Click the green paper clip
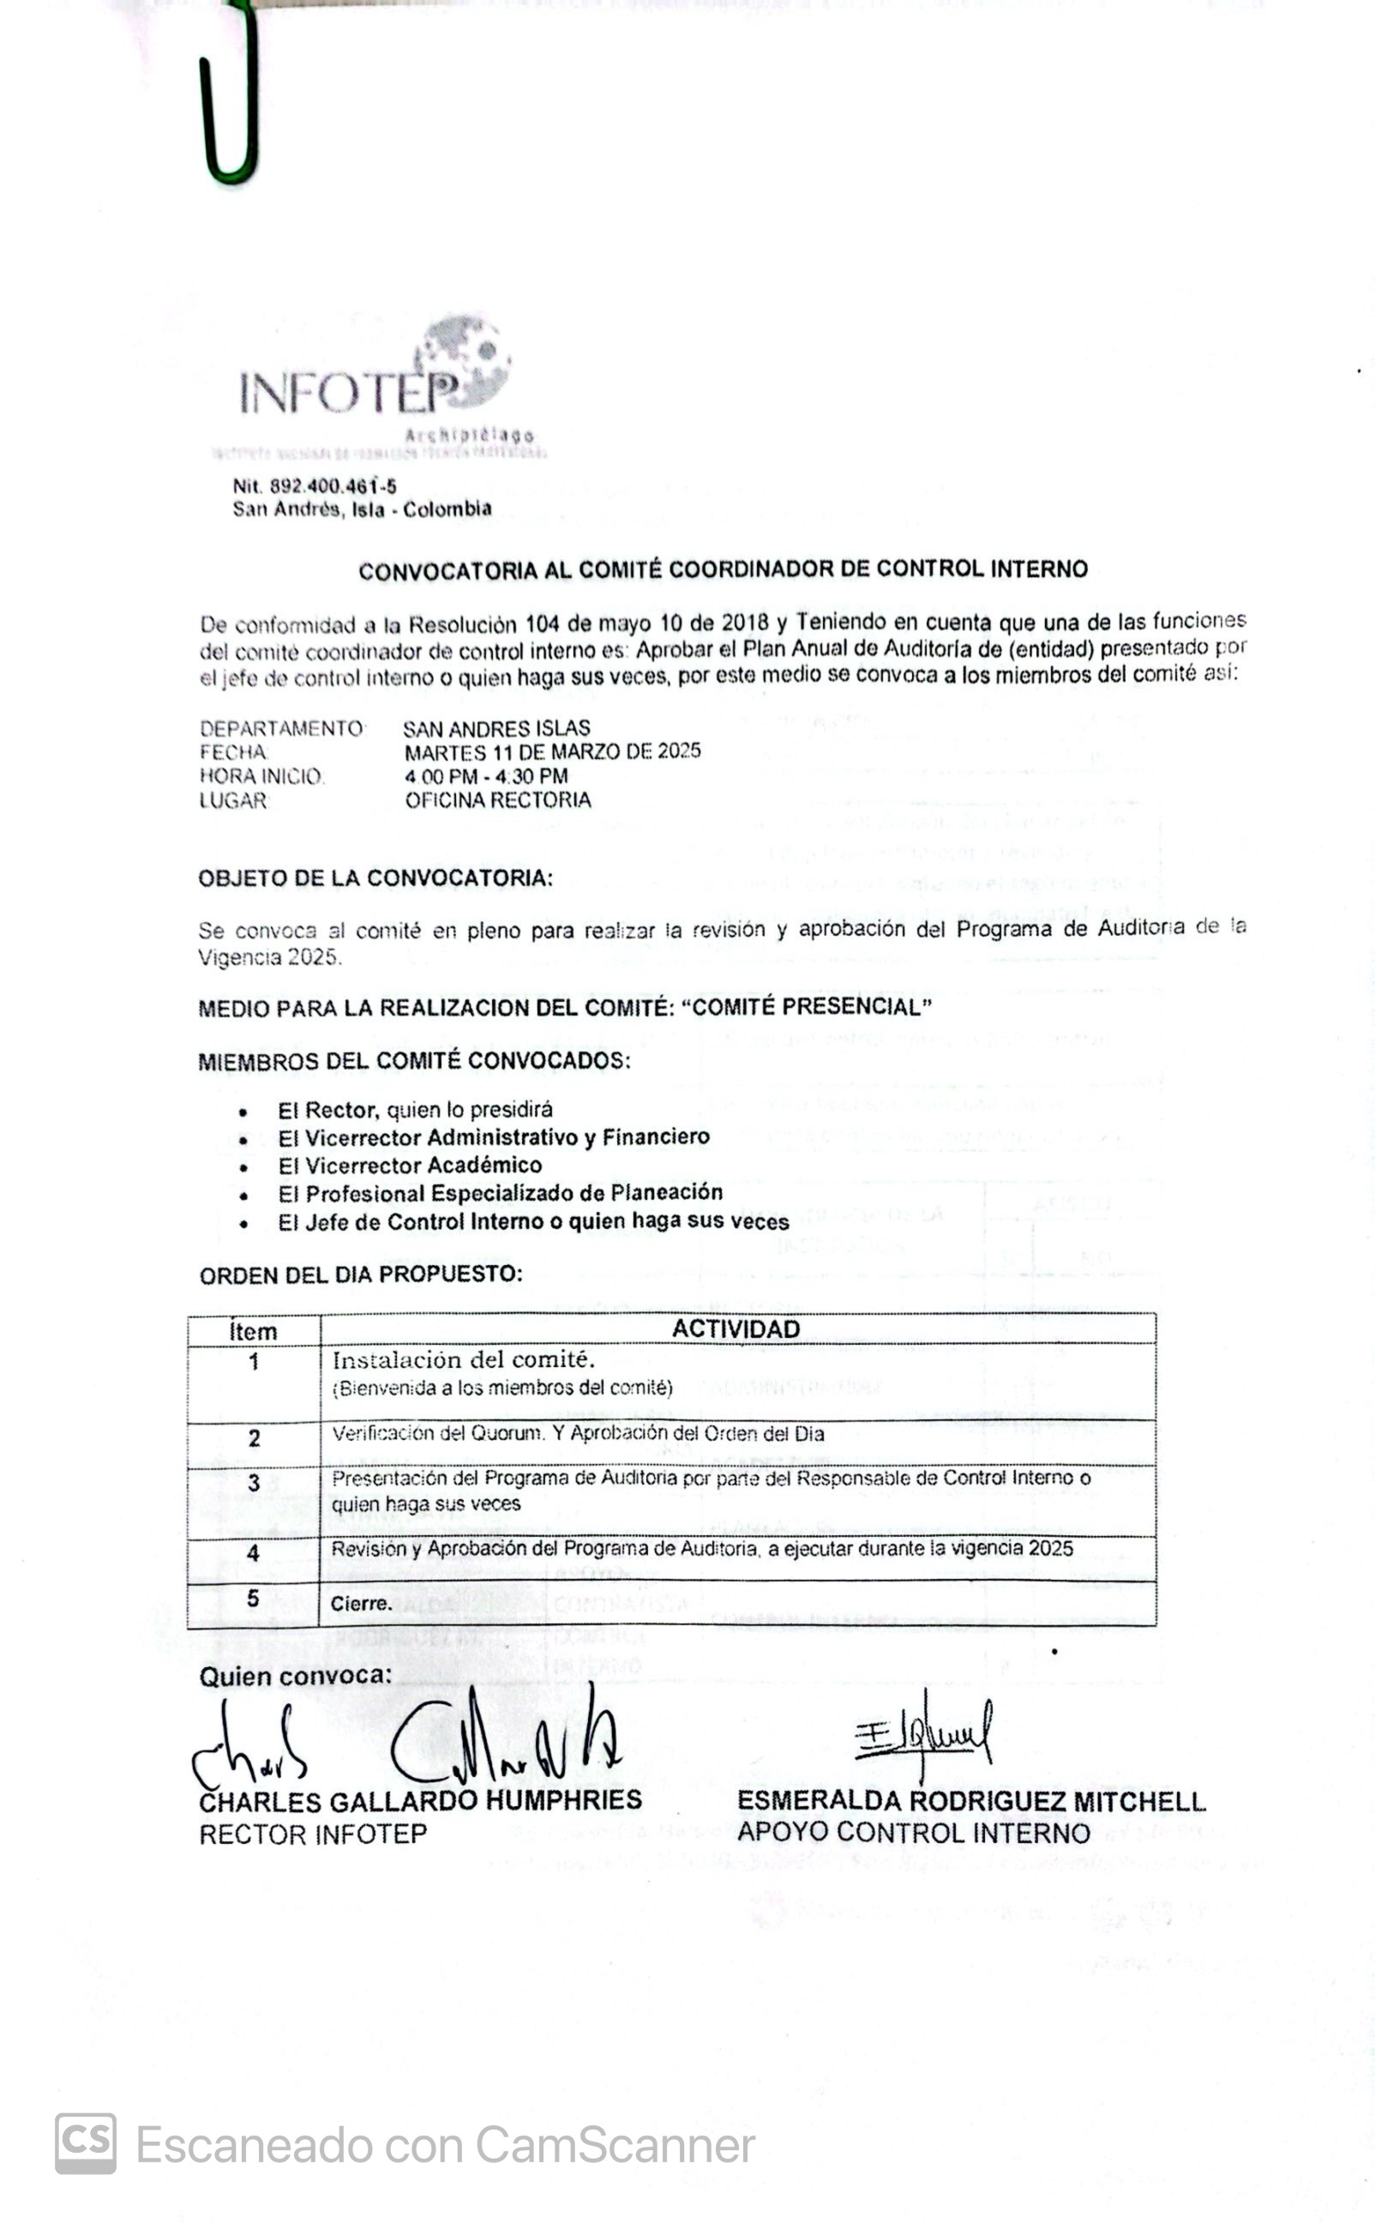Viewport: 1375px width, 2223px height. pyautogui.click(x=232, y=100)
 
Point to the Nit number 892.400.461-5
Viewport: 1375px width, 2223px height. pyautogui.click(x=315, y=485)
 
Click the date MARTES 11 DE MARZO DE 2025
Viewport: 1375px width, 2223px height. pyautogui.click(x=552, y=751)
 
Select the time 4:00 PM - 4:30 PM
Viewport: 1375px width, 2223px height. pyautogui.click(x=487, y=776)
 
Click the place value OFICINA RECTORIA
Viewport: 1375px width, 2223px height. pyautogui.click(x=497, y=799)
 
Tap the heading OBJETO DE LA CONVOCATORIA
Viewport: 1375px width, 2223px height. pyautogui.click(x=375, y=877)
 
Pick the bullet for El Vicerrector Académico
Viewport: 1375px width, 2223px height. pyautogui.click(x=243, y=1167)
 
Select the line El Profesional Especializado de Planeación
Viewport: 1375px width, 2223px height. pyautogui.click(x=500, y=1192)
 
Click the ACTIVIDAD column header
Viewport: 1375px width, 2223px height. pyautogui.click(x=736, y=1328)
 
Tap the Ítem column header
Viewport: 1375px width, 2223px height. pyautogui.click(x=253, y=1332)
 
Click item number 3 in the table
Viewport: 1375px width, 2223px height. pyautogui.click(x=254, y=1483)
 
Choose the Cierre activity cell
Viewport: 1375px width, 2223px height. pyautogui.click(x=361, y=1604)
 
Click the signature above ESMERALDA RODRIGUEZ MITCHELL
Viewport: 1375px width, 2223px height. pyautogui.click(x=923, y=1732)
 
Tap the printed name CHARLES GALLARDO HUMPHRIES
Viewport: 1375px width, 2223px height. pyautogui.click(x=420, y=1801)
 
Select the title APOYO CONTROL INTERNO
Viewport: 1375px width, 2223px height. pyautogui.click(x=913, y=1833)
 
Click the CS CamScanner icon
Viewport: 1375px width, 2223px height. pyautogui.click(x=86, y=2143)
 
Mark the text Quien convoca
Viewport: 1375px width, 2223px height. pyautogui.click(x=296, y=1677)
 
